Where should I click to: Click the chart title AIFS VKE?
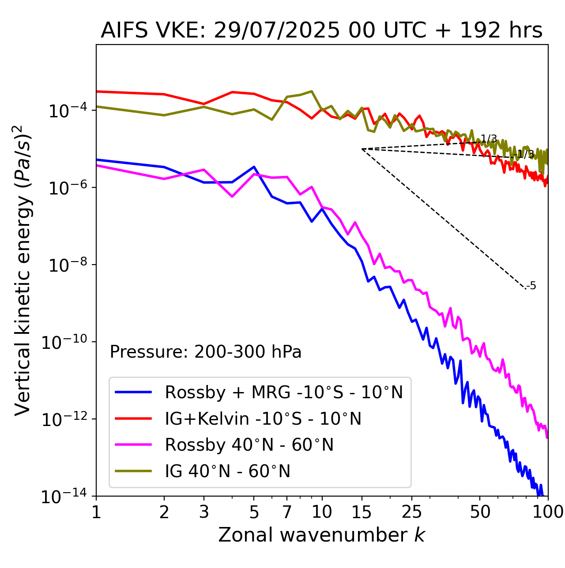click(x=321, y=31)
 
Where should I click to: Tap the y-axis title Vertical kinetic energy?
click(x=23, y=270)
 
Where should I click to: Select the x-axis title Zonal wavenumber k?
click(x=321, y=535)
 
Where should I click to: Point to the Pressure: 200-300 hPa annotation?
click(x=205, y=352)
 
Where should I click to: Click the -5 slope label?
click(x=532, y=286)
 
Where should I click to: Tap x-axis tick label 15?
click(x=362, y=512)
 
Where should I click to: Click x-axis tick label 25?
click(x=412, y=512)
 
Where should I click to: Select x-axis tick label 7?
click(x=287, y=512)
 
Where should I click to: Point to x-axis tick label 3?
click(x=204, y=512)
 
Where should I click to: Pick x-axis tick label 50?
click(x=480, y=512)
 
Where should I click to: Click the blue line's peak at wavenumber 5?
click(x=254, y=167)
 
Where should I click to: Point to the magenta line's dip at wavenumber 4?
click(x=232, y=196)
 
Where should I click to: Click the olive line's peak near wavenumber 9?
click(x=312, y=91)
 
